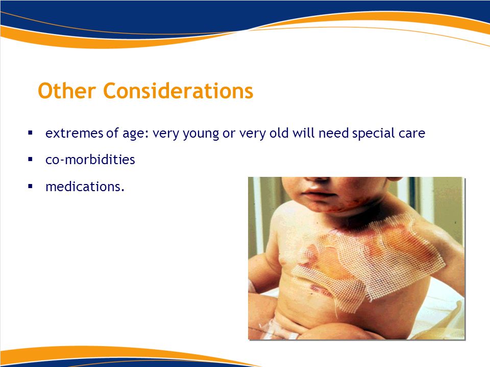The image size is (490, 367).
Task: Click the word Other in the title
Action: [x=66, y=91]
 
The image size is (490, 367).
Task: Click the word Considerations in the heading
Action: [x=178, y=91]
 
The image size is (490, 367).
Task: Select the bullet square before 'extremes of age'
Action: [x=30, y=133]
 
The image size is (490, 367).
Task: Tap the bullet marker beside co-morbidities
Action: [x=30, y=160]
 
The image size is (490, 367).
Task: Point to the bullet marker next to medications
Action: [x=30, y=187]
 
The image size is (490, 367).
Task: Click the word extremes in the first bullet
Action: [x=74, y=133]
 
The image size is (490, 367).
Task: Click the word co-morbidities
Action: [x=90, y=160]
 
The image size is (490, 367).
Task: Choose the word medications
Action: [x=85, y=187]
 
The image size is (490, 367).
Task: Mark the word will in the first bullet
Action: [x=303, y=133]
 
